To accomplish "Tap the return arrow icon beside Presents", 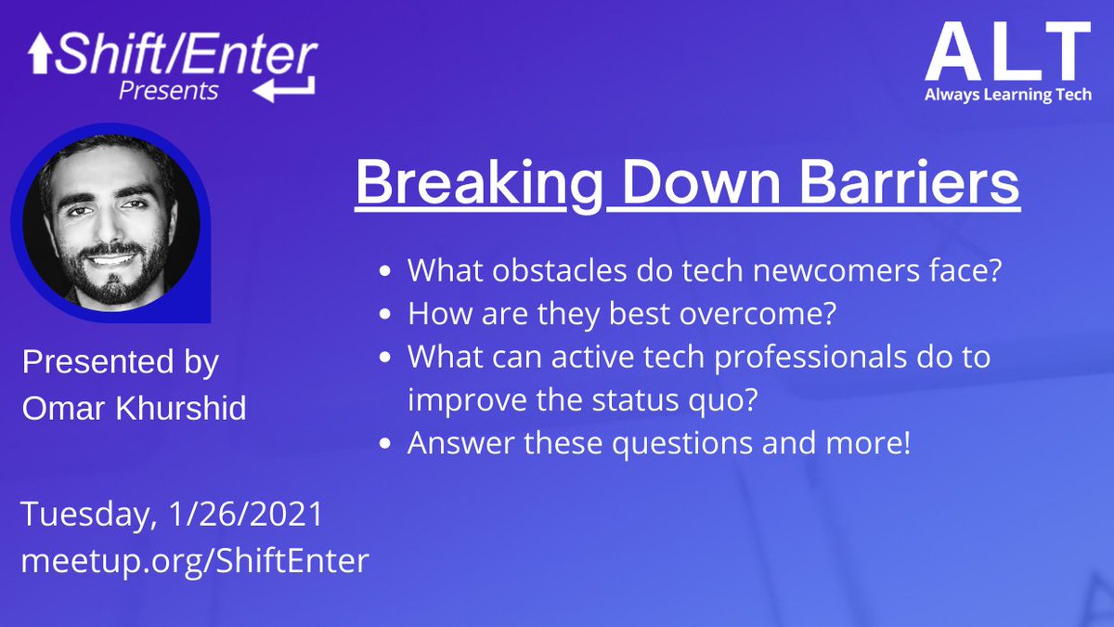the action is tap(284, 88).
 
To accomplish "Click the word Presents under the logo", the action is tap(169, 91).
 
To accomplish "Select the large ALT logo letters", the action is tap(1008, 51).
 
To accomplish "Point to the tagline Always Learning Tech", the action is tap(1008, 95).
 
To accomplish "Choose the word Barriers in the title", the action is tap(910, 182).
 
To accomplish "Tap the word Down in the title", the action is tap(701, 182).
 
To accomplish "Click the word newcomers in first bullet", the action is tap(836, 271).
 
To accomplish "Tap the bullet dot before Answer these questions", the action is tap(385, 443).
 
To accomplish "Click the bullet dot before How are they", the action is tap(385, 314).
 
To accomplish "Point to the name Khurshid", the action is tap(181, 409).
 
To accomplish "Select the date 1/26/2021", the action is tap(247, 514).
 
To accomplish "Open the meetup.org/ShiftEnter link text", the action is tap(195, 561).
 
